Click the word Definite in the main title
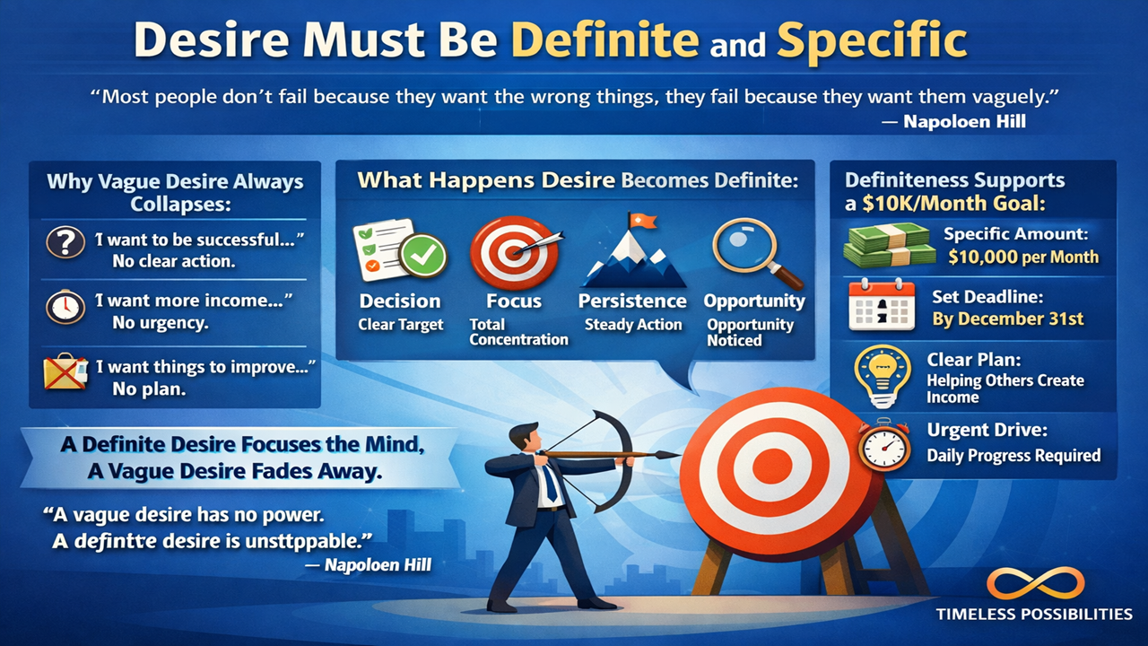point(605,40)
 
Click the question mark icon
point(65,242)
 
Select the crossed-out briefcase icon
point(65,371)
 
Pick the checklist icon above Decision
point(400,249)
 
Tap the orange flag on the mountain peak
point(643,220)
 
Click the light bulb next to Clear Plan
point(883,376)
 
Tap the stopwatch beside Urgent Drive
point(884,444)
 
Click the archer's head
point(526,438)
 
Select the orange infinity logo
point(1036,583)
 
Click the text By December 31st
point(1007,319)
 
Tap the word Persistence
point(632,301)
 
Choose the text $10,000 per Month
point(1023,257)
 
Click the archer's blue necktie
point(550,481)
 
